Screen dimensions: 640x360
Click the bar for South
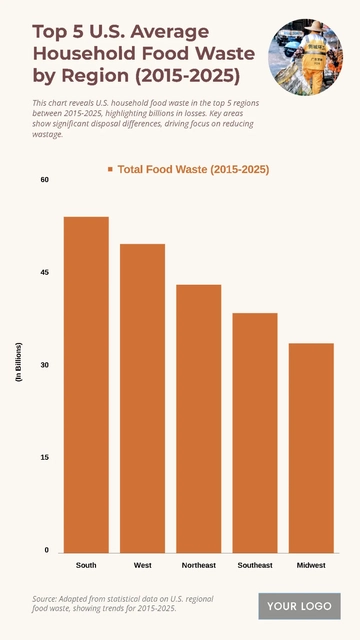pyautogui.click(x=86, y=384)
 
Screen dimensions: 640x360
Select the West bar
pyautogui.click(x=142, y=397)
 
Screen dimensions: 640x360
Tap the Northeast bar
pyautogui.click(x=199, y=418)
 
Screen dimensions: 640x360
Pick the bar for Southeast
pyautogui.click(x=255, y=432)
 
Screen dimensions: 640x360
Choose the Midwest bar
pyautogui.click(x=311, y=447)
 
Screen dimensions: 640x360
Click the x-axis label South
pyautogui.click(x=86, y=565)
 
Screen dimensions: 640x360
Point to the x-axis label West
pyautogui.click(x=142, y=565)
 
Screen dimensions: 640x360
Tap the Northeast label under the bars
pyautogui.click(x=199, y=565)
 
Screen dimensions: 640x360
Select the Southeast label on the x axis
pyautogui.click(x=255, y=565)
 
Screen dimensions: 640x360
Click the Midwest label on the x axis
pyautogui.click(x=311, y=565)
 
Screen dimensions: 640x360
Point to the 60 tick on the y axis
pyautogui.click(x=44, y=180)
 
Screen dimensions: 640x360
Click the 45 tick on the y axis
pyautogui.click(x=44, y=272)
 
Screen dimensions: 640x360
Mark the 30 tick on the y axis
pyautogui.click(x=44, y=365)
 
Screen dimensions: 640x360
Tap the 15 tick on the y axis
pyautogui.click(x=44, y=457)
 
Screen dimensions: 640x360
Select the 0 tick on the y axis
pyautogui.click(x=46, y=550)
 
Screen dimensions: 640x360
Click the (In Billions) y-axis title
pyautogui.click(x=18, y=365)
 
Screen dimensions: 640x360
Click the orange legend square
pyautogui.click(x=110, y=170)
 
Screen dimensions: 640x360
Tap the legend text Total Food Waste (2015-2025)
pyautogui.click(x=193, y=170)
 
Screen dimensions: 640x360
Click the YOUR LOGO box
pyautogui.click(x=299, y=606)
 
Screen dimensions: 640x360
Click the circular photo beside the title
pyautogui.click(x=304, y=54)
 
